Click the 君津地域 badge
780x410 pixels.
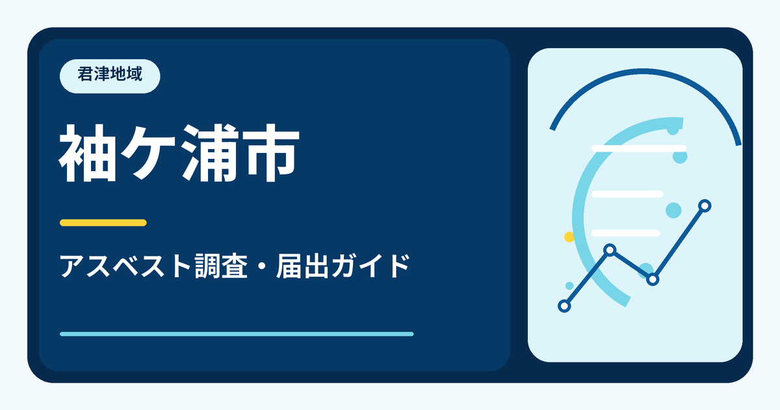tap(110, 76)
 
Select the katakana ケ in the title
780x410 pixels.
tap(149, 153)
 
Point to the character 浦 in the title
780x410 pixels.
tap(211, 153)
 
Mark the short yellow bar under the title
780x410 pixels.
tap(103, 223)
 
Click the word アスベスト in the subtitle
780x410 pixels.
tap(125, 266)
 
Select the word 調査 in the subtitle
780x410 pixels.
tap(221, 266)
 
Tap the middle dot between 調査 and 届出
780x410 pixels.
tap(262, 267)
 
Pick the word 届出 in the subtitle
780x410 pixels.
tap(303, 266)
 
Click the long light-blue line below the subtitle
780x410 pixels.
tap(237, 334)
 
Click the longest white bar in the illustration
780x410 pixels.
tap(639, 148)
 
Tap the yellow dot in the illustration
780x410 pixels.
tap(569, 237)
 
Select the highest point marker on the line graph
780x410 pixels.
tap(705, 206)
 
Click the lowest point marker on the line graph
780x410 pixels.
tap(564, 306)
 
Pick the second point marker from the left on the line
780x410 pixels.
tap(610, 250)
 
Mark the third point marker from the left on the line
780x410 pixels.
tap(653, 279)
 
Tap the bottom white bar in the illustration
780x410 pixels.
tap(626, 233)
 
